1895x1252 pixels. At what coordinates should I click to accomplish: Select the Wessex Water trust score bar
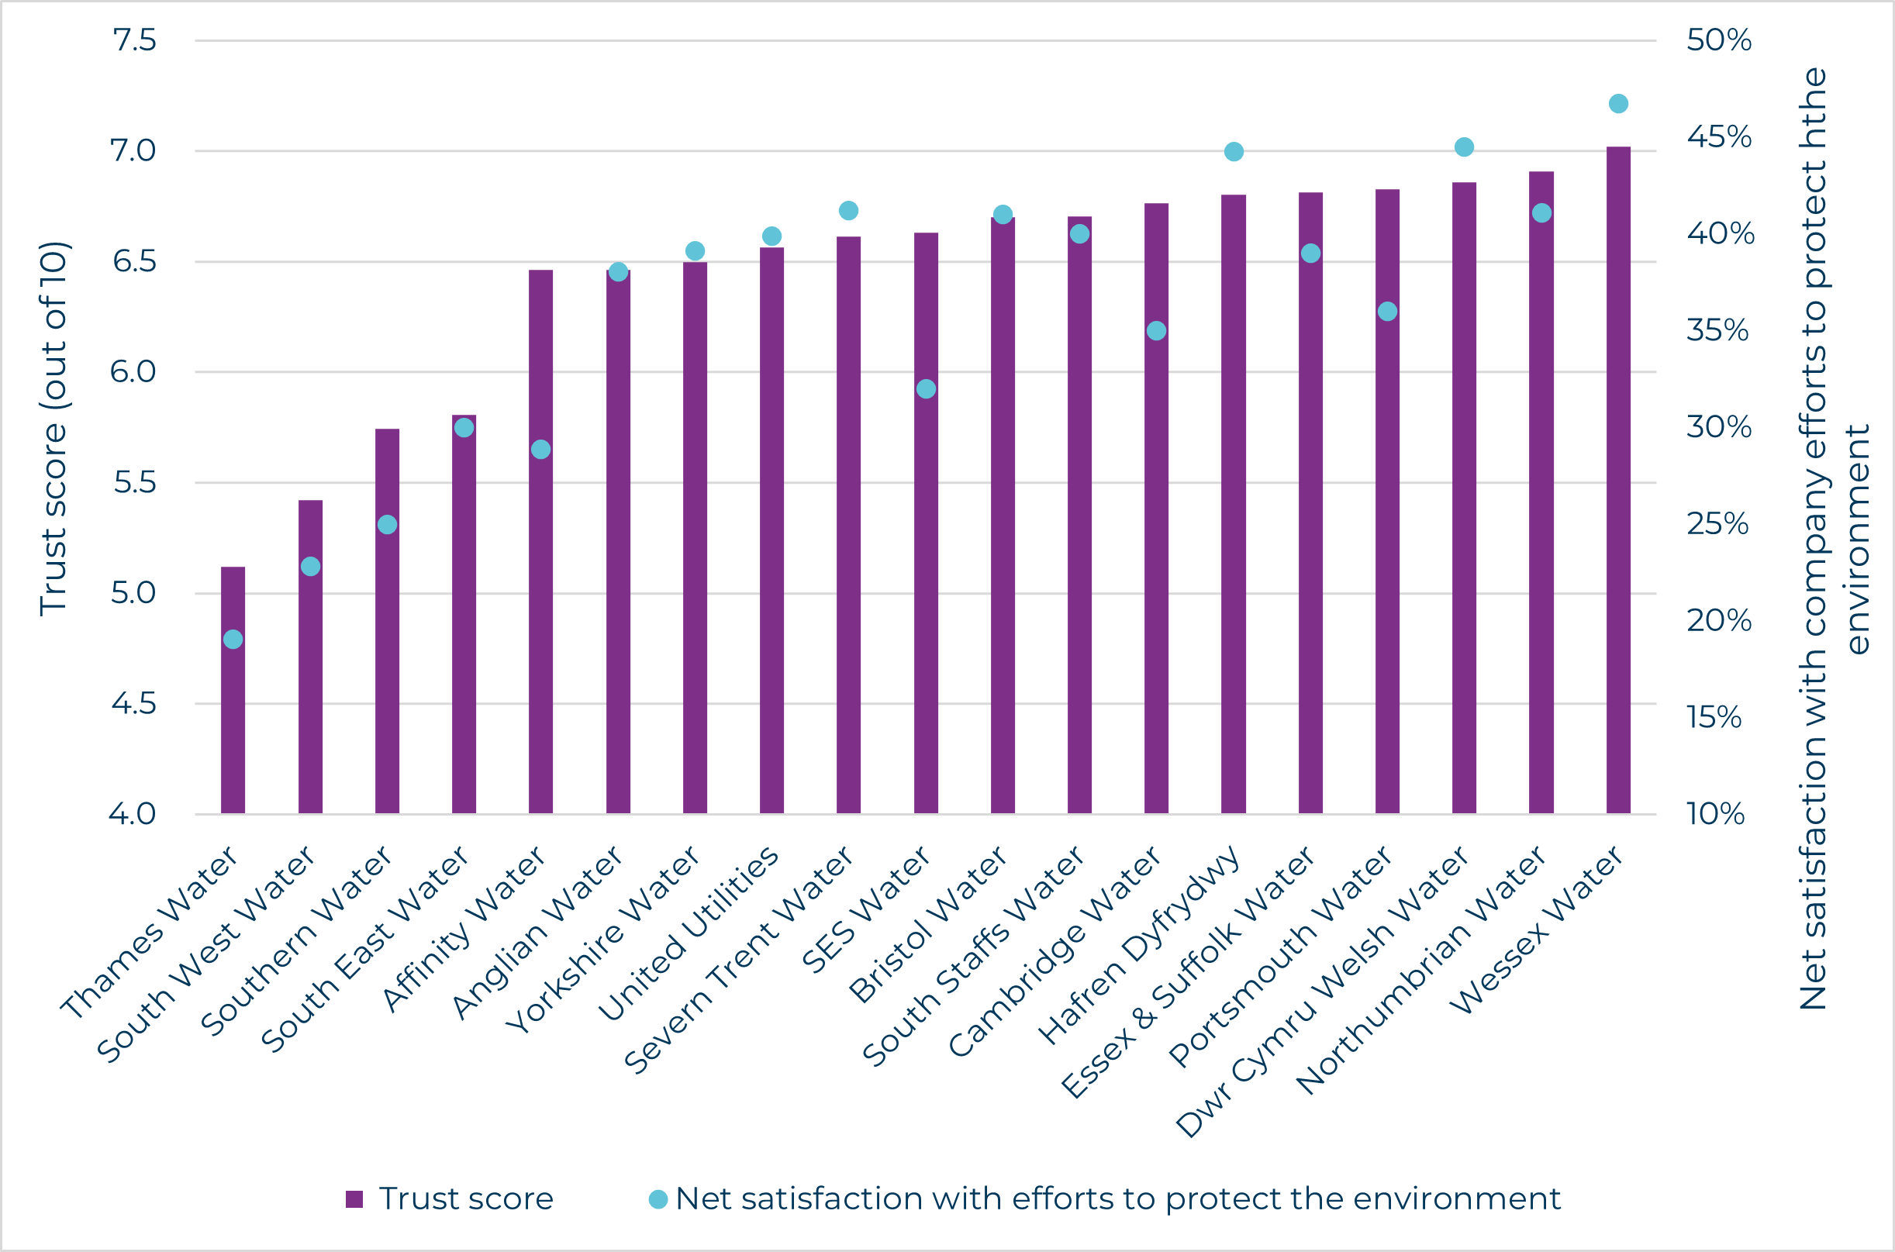tap(1618, 479)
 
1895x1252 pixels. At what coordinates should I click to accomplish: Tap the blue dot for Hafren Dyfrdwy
tap(1233, 152)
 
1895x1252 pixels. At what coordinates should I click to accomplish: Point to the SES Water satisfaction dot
tap(926, 389)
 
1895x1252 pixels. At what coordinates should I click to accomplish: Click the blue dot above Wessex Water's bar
tap(1618, 104)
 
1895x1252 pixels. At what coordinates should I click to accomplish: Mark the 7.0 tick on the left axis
tap(133, 151)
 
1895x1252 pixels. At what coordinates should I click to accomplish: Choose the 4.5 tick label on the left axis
tap(133, 703)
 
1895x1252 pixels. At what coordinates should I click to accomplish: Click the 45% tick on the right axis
tap(1718, 136)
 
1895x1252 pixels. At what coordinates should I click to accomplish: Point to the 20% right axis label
tap(1718, 620)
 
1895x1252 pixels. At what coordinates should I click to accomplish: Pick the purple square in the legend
tap(354, 1199)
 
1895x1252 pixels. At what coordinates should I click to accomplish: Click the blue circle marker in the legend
tap(658, 1199)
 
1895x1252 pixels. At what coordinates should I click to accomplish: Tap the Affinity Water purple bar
tap(540, 543)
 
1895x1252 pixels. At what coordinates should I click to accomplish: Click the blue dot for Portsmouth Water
tap(1387, 312)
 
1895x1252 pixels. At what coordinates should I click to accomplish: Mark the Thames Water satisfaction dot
tap(233, 639)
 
